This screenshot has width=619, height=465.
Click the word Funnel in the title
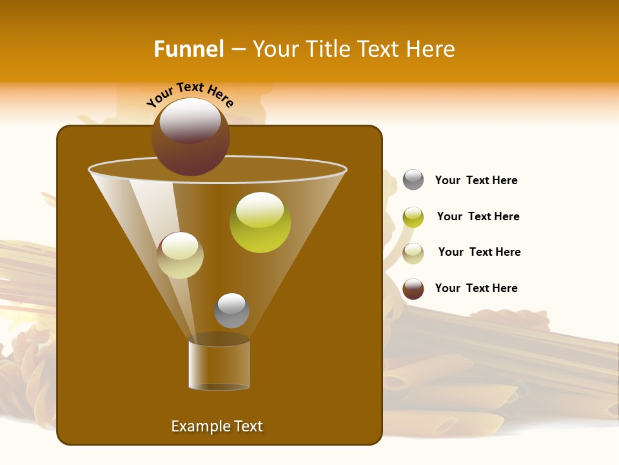pos(189,49)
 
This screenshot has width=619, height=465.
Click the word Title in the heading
pos(328,49)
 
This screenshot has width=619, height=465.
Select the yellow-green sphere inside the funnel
pos(260,223)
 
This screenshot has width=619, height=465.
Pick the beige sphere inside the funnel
pos(181,255)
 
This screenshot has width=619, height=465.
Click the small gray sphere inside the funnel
pos(231,311)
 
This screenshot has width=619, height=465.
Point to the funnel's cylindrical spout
pos(219,365)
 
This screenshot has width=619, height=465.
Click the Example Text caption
pos(217,426)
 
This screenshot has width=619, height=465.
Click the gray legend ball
pos(413,180)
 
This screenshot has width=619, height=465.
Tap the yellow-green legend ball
pos(413,217)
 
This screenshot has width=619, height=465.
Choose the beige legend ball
pos(413,253)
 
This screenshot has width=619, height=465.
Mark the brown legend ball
pos(413,289)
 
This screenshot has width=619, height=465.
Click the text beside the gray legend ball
pos(476,180)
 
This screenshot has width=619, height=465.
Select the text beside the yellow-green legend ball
pos(478,216)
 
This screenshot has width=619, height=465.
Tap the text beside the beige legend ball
pos(479,252)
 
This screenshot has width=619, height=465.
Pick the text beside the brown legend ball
pos(476,288)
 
